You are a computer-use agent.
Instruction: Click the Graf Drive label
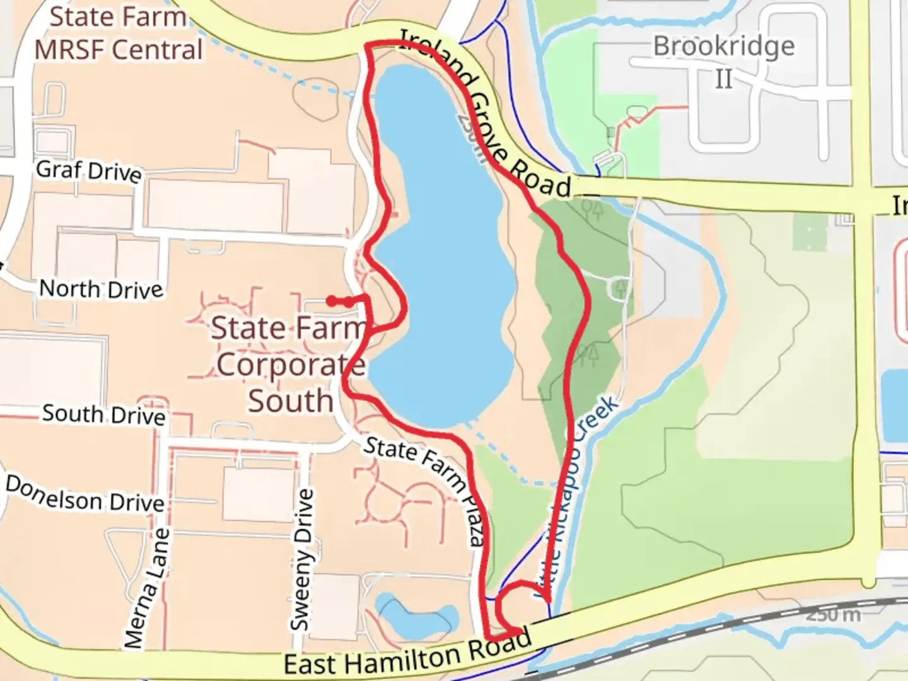89,171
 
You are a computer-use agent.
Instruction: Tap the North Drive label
101,289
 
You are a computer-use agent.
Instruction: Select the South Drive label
104,414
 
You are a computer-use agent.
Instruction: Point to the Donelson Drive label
85,494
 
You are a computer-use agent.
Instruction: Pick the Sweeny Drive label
302,560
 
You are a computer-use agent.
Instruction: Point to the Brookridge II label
724,62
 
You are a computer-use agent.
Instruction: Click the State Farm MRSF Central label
119,33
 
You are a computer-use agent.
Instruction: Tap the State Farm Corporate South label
289,364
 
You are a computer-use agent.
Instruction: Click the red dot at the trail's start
331,301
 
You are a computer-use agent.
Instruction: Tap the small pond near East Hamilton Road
416,616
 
